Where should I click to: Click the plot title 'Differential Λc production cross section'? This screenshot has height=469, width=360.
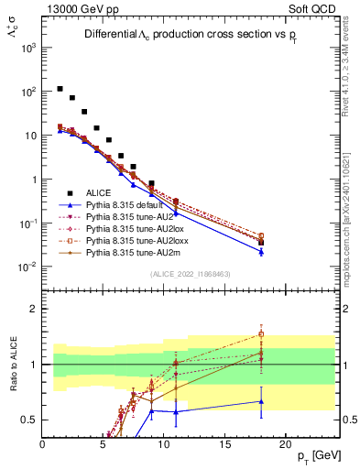pyautogui.click(x=182, y=34)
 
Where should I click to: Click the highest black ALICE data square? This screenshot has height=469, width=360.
pyautogui.click(x=60, y=89)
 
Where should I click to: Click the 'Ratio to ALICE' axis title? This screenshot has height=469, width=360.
pyautogui.click(x=12, y=365)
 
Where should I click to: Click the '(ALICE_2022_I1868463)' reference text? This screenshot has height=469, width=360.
pyautogui.click(x=191, y=275)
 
